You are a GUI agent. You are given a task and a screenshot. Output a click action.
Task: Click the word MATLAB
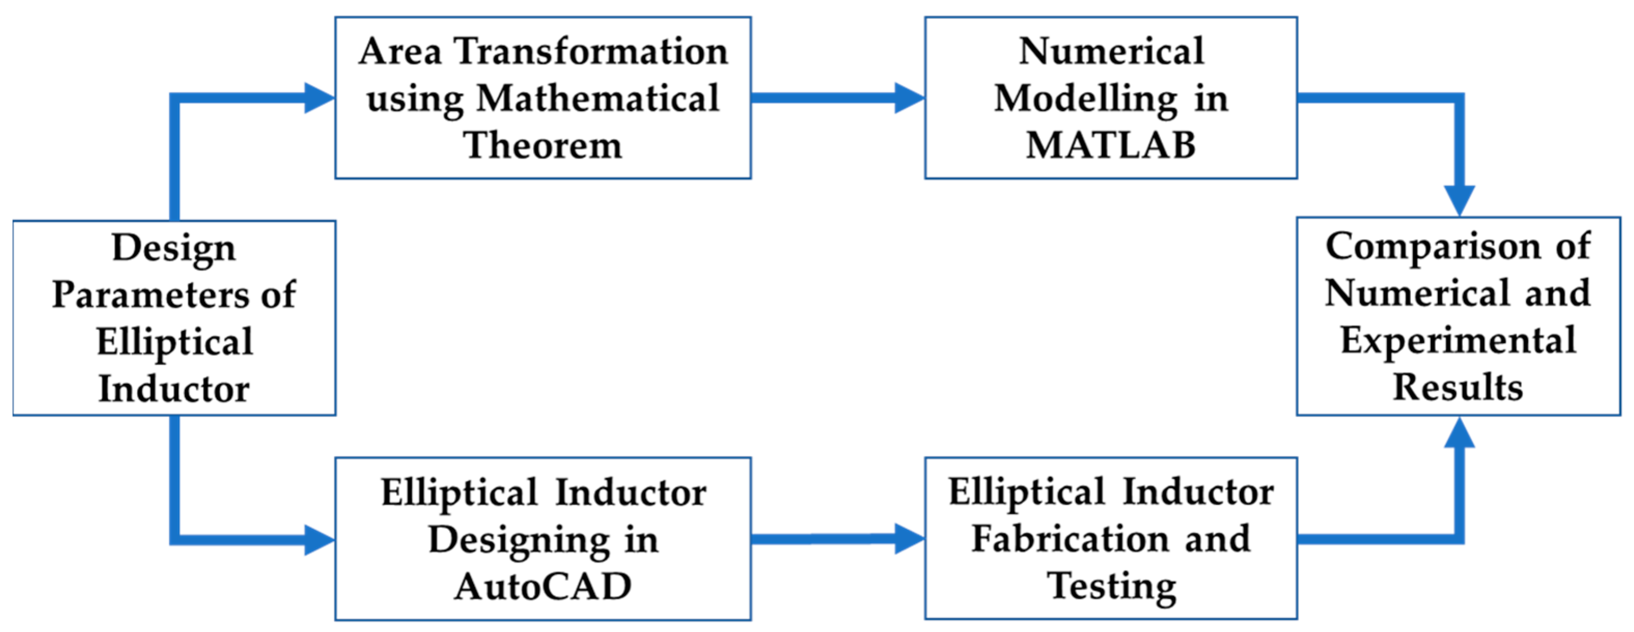point(1111,145)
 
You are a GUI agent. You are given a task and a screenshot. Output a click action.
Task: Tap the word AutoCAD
point(543,586)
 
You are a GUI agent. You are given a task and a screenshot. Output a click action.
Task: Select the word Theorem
point(543,145)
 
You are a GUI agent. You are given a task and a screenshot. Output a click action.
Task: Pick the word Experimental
point(1458,340)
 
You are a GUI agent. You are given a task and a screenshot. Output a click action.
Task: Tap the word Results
point(1458,387)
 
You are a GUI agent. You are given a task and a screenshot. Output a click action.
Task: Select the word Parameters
point(151,295)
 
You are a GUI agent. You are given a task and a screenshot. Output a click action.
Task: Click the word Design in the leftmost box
point(174,247)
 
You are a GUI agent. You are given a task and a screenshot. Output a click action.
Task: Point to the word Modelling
point(1085,98)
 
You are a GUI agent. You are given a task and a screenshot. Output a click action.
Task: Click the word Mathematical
point(597,98)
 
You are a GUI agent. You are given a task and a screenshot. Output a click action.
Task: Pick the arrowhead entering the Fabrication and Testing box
point(909,539)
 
